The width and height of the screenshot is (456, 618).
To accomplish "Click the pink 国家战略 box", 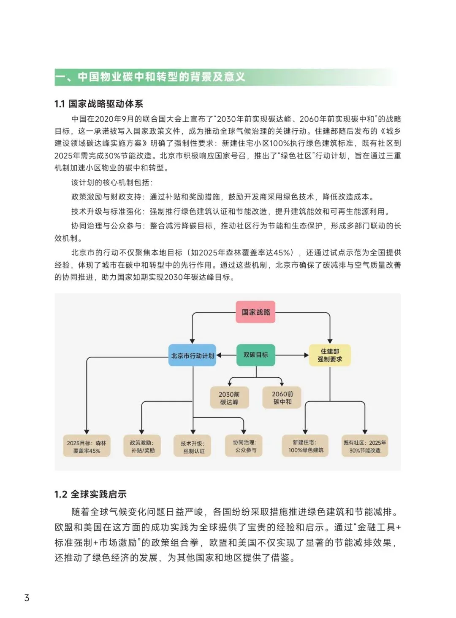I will click(255, 312).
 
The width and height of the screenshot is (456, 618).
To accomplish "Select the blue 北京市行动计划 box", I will click(193, 356).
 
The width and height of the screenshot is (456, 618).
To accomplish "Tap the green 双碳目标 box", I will click(256, 355).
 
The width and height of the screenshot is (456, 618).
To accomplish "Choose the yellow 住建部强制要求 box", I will click(330, 355).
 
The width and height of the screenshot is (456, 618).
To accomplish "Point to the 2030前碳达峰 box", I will click(229, 398).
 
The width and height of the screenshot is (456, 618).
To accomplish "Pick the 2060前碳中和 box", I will click(282, 398).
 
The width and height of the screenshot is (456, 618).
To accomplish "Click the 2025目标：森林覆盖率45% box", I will click(87, 446).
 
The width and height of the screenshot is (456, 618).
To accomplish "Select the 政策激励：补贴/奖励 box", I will click(143, 446).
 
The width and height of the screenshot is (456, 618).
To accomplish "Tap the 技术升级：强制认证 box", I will click(193, 447).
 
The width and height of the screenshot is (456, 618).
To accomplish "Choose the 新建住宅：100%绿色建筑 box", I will click(305, 446).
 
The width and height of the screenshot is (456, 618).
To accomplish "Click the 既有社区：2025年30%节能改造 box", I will click(365, 446).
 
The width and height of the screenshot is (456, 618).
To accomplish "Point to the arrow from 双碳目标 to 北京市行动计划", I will click(226, 355).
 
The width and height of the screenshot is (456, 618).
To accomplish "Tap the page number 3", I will click(27, 598).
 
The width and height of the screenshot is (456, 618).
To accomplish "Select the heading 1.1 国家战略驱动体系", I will click(99, 104).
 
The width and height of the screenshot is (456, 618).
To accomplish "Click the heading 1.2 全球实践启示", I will click(90, 494).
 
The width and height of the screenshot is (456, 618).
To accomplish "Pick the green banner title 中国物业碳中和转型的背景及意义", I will click(161, 77).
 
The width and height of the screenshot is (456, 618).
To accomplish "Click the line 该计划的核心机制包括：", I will click(112, 183).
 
